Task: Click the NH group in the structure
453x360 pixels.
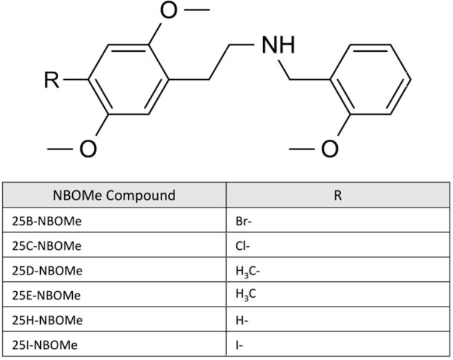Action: click(x=278, y=45)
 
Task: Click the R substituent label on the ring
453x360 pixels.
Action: click(x=51, y=80)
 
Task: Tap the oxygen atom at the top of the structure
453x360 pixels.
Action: click(x=168, y=10)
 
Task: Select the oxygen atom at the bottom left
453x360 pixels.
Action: click(x=88, y=149)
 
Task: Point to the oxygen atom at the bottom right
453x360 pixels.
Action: click(x=330, y=149)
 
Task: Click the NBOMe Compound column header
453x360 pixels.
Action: click(x=114, y=195)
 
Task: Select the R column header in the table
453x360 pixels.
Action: click(x=338, y=196)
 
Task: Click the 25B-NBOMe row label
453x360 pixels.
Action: click(x=47, y=221)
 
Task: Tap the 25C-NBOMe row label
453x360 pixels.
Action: click(x=47, y=246)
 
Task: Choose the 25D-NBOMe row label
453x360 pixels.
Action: click(x=47, y=271)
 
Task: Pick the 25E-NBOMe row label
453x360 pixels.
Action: click(x=46, y=295)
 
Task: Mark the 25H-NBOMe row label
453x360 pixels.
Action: click(x=47, y=320)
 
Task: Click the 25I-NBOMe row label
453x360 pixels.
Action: click(x=45, y=345)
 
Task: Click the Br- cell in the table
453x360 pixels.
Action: click(x=243, y=221)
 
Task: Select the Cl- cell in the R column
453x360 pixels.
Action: click(x=243, y=246)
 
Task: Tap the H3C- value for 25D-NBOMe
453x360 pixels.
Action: click(x=248, y=271)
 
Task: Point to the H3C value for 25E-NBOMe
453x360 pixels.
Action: click(x=246, y=295)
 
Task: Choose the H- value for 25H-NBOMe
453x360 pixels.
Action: click(x=242, y=320)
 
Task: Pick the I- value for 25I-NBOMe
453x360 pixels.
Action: click(x=239, y=345)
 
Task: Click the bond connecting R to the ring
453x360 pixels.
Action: click(x=76, y=79)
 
